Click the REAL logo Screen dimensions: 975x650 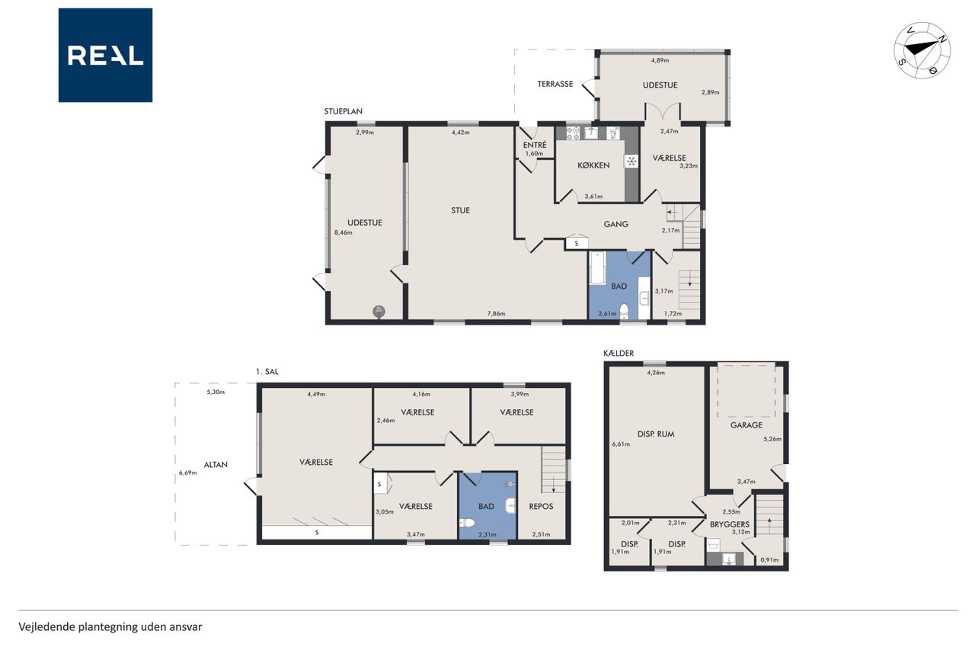[105, 56]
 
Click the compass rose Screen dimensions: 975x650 [922, 50]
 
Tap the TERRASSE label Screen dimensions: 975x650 [555, 84]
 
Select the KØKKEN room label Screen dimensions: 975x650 [593, 165]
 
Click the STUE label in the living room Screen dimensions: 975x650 [460, 211]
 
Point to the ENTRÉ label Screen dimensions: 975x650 [535, 145]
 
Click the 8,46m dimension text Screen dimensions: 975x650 [344, 232]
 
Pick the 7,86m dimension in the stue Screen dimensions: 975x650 [496, 313]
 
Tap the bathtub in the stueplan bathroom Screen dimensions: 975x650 [596, 268]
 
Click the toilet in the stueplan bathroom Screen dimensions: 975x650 [624, 312]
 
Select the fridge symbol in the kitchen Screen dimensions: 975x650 [631, 162]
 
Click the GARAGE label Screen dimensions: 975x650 [746, 425]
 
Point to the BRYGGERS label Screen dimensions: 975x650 [730, 524]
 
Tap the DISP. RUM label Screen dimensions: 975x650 [656, 434]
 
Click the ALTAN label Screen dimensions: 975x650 [216, 465]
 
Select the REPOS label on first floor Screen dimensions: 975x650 [541, 506]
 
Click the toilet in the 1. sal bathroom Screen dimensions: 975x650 [467, 523]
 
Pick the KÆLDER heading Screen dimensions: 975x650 [619, 354]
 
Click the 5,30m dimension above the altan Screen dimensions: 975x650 [216, 392]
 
